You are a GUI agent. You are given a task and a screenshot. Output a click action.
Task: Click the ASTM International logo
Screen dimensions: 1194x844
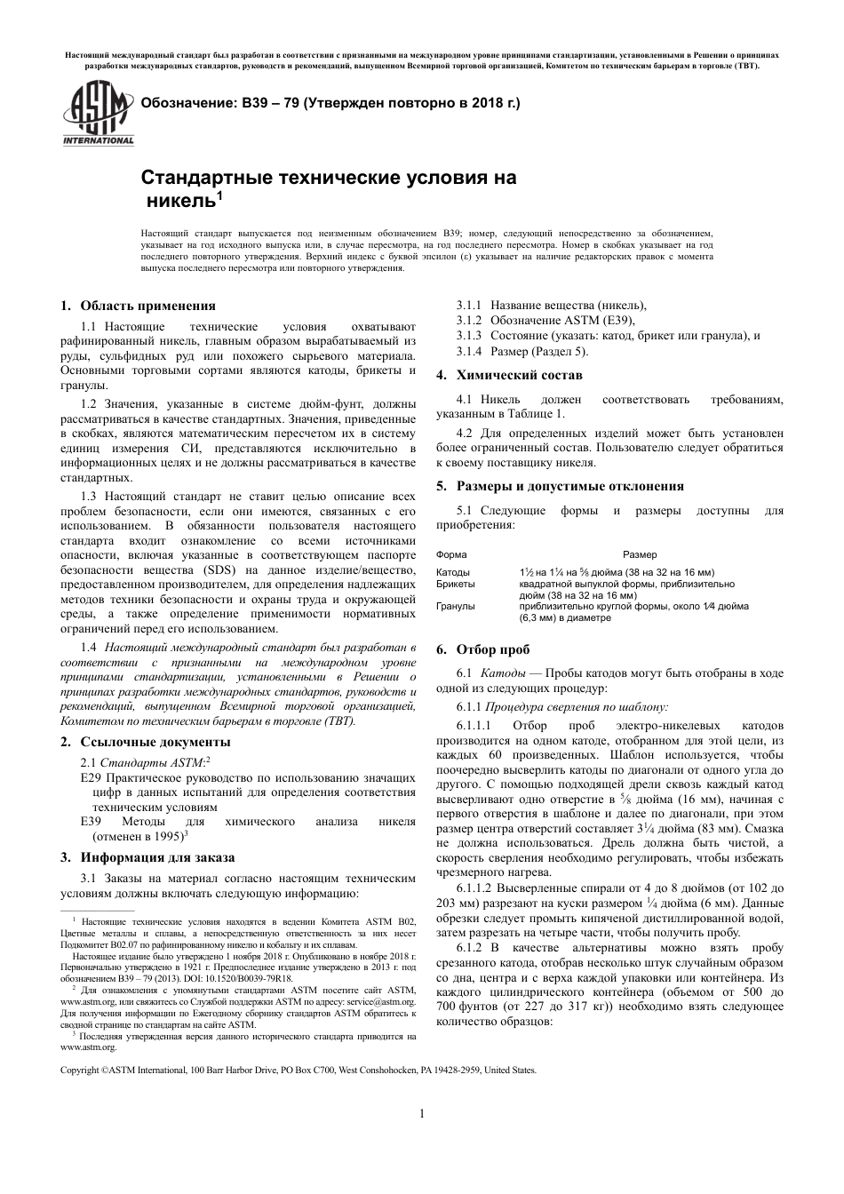tap(97, 114)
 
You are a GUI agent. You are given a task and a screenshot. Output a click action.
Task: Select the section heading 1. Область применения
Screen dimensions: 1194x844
tap(138, 306)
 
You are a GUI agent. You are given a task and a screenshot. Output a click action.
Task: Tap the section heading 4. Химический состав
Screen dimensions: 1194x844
tap(509, 375)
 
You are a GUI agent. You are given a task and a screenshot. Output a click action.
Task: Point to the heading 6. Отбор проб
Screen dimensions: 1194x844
tap(491, 650)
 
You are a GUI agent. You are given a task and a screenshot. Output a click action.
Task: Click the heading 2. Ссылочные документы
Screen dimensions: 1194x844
tap(145, 742)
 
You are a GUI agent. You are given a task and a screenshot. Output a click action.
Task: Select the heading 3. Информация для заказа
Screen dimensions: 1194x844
tap(147, 857)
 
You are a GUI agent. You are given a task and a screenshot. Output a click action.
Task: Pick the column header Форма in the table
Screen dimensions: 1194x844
tap(451, 554)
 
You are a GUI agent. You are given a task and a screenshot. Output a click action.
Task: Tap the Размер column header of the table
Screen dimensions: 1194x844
tap(640, 554)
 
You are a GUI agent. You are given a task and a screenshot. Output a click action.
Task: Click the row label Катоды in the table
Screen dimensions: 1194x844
tap(454, 572)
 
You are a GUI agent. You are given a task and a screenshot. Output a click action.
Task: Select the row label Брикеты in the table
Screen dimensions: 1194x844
tap(456, 584)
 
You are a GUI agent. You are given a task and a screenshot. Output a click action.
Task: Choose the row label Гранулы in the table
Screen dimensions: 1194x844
tap(456, 606)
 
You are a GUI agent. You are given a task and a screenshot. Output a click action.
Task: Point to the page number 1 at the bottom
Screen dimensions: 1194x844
tap(422, 1114)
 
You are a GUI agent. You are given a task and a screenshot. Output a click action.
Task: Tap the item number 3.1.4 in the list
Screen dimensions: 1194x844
tap(469, 351)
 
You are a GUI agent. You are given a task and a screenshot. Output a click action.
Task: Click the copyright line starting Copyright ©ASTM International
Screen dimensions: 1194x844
tap(298, 1070)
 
